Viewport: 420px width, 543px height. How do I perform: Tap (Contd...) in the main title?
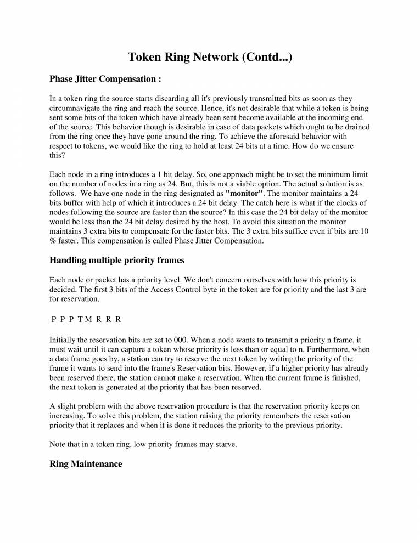point(266,57)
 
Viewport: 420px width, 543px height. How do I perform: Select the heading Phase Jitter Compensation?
point(105,79)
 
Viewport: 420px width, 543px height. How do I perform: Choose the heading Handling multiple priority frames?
point(117,259)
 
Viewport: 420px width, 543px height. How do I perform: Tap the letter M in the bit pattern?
point(89,319)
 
